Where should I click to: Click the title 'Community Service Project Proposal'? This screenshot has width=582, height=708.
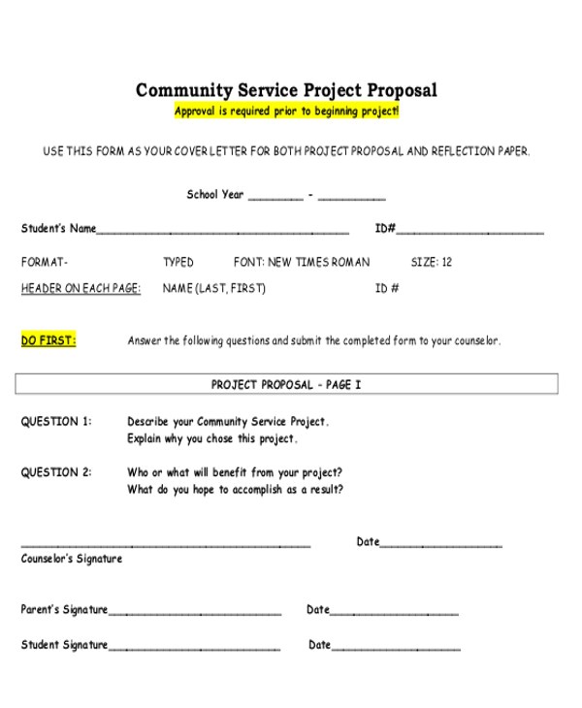click(286, 90)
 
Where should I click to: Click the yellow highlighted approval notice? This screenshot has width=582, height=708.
click(286, 112)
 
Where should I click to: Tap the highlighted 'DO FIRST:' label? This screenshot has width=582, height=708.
click(48, 340)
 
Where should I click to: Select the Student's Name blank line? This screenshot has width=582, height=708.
click(223, 232)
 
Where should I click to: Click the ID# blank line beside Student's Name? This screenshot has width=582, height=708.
click(469, 232)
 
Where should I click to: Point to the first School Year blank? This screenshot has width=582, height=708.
click(275, 197)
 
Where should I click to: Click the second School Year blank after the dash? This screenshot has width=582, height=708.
click(351, 197)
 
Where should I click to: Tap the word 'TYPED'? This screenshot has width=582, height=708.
click(178, 262)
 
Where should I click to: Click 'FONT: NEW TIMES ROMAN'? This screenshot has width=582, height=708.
click(302, 262)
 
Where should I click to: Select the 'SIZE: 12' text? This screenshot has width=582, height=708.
click(432, 262)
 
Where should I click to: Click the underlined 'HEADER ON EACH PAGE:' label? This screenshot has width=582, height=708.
click(81, 288)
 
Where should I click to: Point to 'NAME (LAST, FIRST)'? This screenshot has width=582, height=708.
click(213, 288)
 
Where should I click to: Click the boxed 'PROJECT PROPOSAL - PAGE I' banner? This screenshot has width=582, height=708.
click(286, 385)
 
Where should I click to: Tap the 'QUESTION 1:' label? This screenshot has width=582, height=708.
click(56, 422)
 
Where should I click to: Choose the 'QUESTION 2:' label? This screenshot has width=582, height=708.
click(56, 472)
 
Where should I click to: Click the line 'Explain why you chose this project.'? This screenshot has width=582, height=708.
click(212, 438)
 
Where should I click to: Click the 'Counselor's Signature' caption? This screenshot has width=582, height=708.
click(72, 559)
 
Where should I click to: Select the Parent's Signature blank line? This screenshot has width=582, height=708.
click(195, 613)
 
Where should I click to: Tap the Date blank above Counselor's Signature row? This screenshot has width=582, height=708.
click(441, 545)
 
